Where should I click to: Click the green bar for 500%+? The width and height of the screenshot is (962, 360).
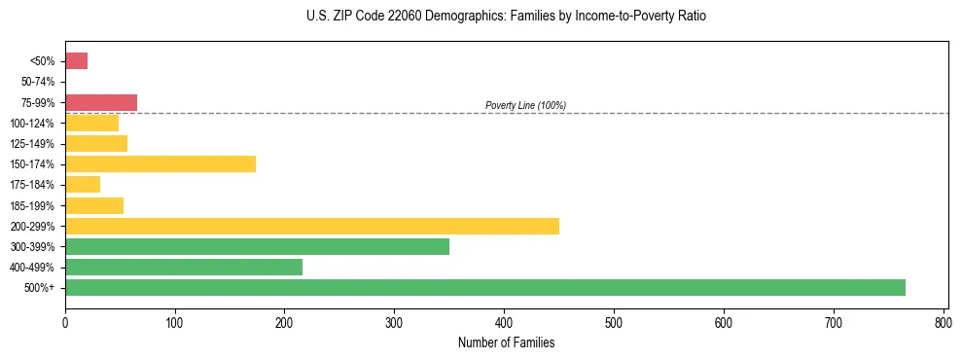(x=485, y=287)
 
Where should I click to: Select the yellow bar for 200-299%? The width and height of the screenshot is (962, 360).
(x=312, y=226)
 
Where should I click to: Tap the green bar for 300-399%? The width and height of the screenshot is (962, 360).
(x=257, y=246)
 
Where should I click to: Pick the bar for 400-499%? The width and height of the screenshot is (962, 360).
(x=184, y=267)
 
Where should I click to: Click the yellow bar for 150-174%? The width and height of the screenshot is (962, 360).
(x=160, y=163)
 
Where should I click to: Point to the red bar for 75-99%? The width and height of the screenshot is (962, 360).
(x=101, y=102)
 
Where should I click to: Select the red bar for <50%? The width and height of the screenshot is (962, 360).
(x=77, y=61)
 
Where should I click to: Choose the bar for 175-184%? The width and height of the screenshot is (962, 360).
(x=83, y=184)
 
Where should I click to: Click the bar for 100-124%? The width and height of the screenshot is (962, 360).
(x=91, y=123)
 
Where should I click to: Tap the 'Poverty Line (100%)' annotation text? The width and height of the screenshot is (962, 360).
(x=525, y=105)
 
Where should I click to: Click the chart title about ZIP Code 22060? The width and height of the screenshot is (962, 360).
(x=506, y=17)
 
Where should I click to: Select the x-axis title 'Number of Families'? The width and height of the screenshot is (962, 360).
(x=506, y=342)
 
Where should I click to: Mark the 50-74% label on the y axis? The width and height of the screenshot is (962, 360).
(x=38, y=82)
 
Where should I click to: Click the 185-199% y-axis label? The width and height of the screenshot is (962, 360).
(x=33, y=205)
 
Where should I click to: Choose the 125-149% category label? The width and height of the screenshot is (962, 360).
(x=33, y=143)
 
